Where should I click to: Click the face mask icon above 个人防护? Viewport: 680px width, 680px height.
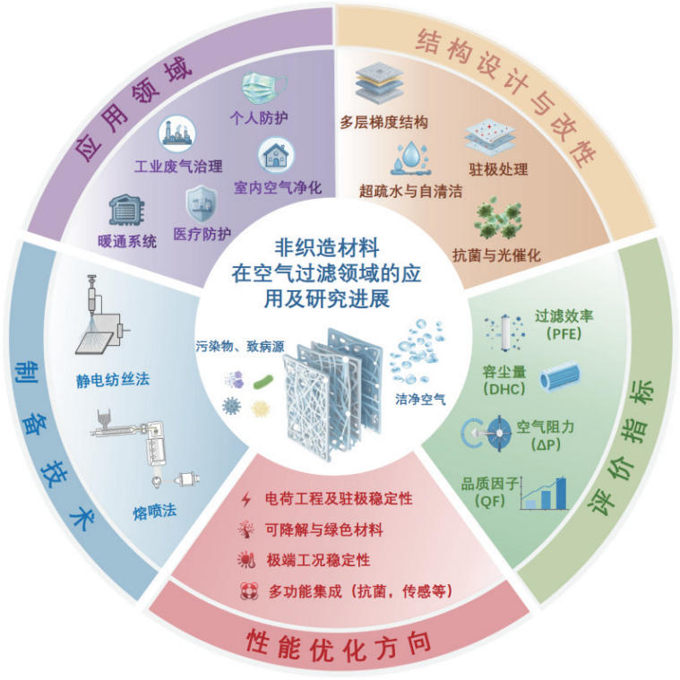[263, 88]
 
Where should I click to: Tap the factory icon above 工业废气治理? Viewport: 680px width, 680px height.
[176, 133]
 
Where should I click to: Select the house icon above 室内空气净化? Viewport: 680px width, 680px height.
[276, 155]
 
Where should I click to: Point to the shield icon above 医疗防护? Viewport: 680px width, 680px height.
[202, 203]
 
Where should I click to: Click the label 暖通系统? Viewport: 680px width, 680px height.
[126, 242]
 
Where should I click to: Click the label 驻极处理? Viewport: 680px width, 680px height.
[498, 169]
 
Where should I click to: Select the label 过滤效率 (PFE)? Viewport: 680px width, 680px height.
[564, 324]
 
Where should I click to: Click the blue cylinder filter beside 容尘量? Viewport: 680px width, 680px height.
[560, 378]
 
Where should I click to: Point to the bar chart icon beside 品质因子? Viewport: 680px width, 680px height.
[544, 493]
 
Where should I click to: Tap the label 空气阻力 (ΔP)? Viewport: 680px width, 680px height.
[545, 435]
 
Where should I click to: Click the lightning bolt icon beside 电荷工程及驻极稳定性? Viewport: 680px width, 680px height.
[246, 500]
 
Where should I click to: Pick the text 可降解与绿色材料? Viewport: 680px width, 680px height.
[324, 530]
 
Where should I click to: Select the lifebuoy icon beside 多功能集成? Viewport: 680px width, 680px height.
[249, 590]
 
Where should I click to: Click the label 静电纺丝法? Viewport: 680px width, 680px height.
[113, 380]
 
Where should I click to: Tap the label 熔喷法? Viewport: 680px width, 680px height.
[155, 512]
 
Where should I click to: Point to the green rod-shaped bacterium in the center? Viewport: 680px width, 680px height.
[263, 382]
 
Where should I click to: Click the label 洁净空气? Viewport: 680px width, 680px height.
[420, 399]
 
